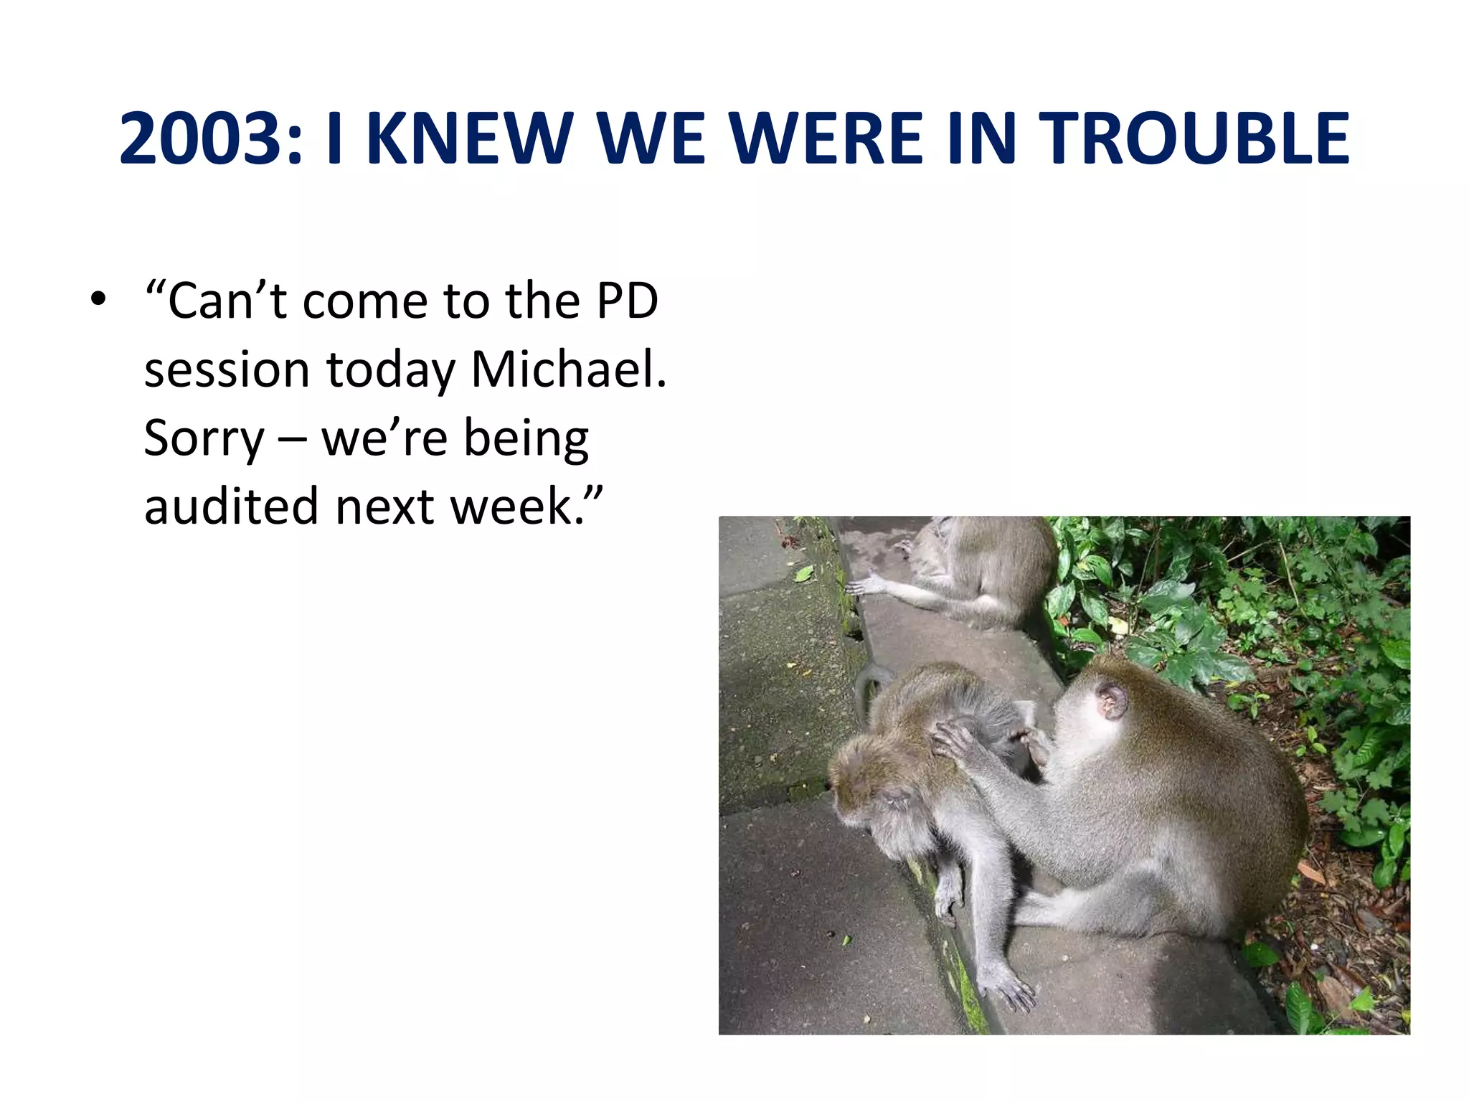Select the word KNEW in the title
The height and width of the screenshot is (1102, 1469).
click(x=471, y=138)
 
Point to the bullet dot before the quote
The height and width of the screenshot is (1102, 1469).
click(x=98, y=298)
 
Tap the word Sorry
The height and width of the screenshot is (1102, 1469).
click(x=204, y=438)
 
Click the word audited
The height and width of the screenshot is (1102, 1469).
click(x=230, y=507)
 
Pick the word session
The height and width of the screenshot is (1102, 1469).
click(x=227, y=369)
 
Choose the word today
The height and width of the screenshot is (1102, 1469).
click(x=391, y=369)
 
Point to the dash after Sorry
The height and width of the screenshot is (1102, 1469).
click(x=292, y=438)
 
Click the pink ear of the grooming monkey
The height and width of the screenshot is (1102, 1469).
click(x=1111, y=700)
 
